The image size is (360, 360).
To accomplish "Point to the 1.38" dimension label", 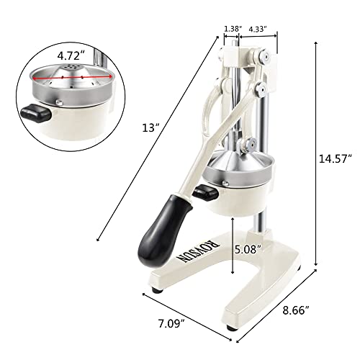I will (232, 29).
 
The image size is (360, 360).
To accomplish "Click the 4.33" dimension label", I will (258, 29).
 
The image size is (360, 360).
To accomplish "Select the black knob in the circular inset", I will (34, 111).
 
